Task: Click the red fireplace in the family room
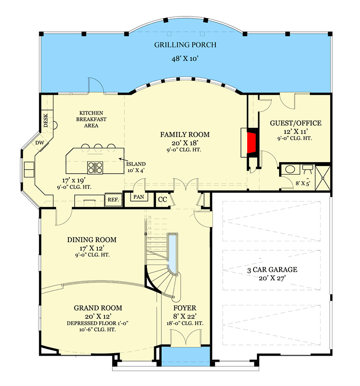(251, 143)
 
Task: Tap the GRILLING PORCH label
(185, 45)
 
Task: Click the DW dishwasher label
(39, 143)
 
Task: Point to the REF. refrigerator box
(113, 199)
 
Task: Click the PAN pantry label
(138, 197)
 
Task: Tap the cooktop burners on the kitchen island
(95, 167)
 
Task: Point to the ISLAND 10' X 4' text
(136, 167)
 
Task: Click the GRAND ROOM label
(98, 308)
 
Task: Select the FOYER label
(186, 308)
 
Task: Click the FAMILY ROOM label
(185, 135)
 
